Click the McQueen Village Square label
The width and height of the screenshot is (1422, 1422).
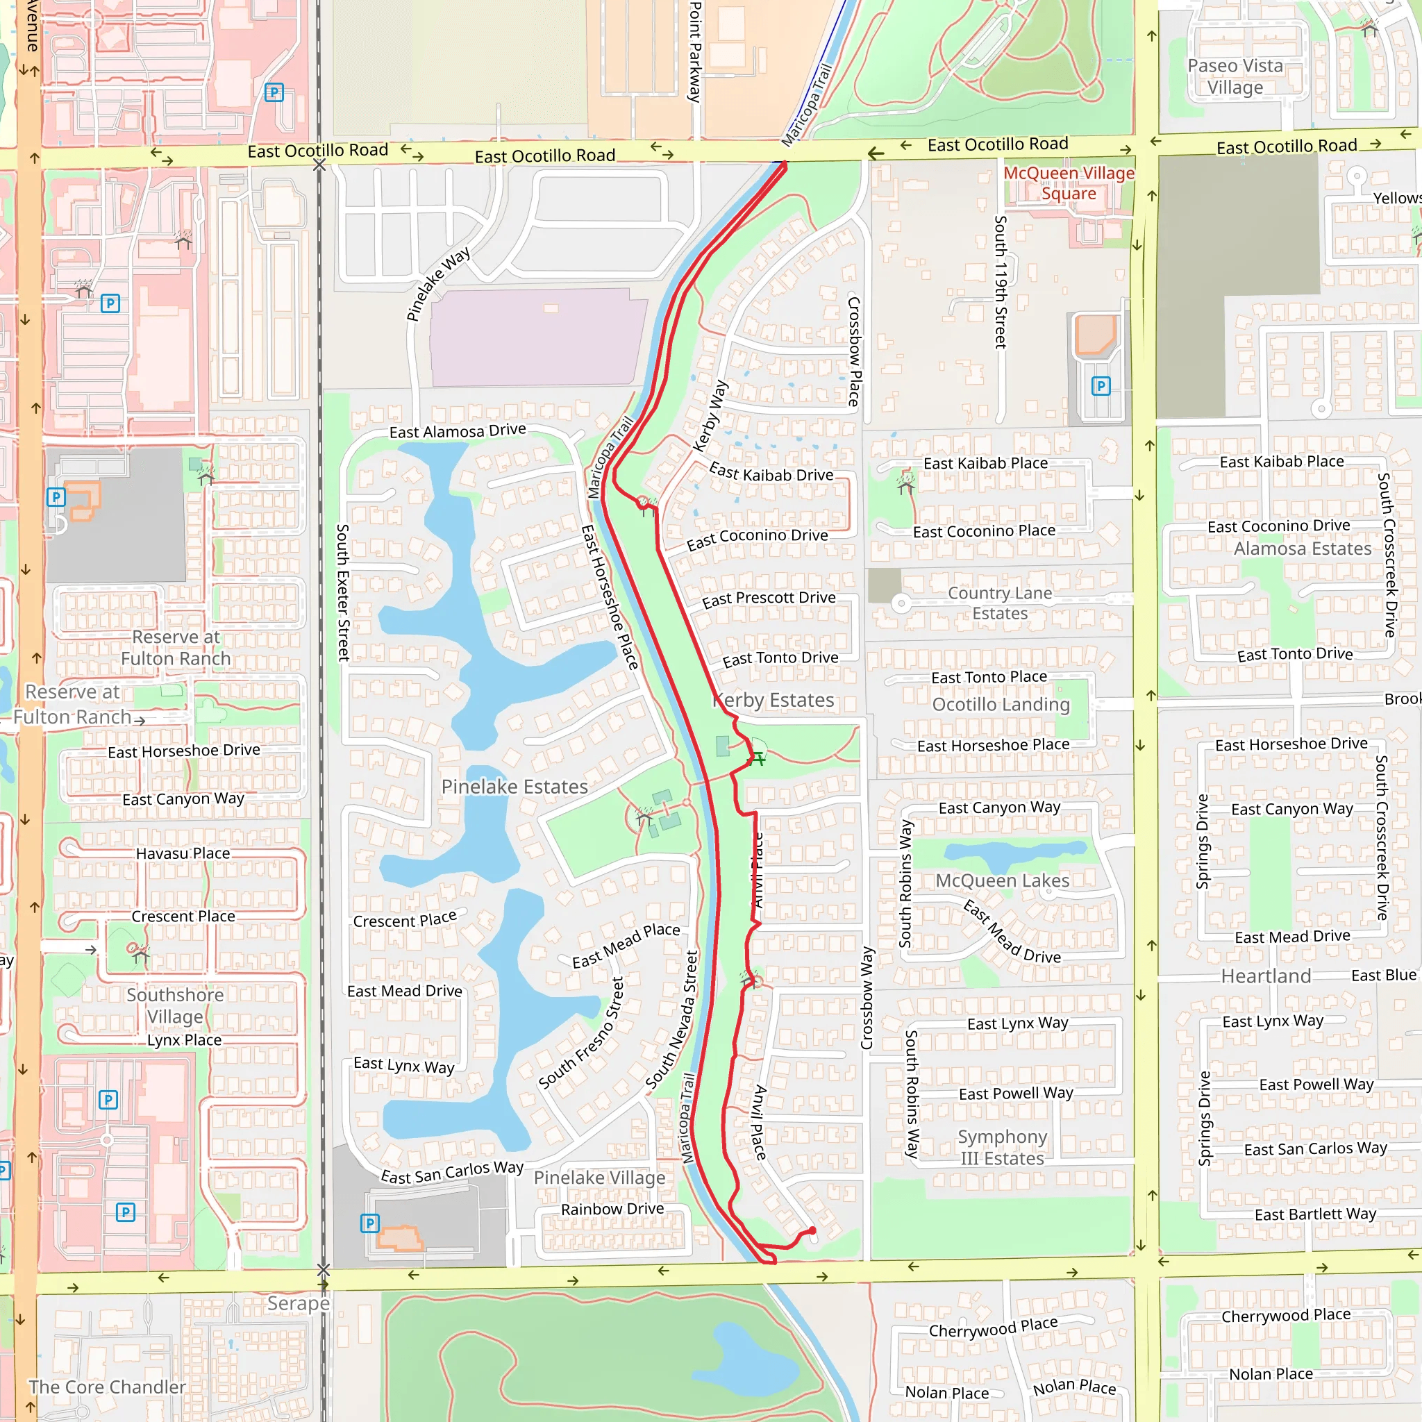coord(1068,183)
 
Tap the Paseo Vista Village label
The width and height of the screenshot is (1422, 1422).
coord(1235,76)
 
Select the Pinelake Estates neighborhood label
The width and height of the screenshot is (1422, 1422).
coord(515,787)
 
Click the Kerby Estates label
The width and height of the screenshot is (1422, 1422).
coord(774,700)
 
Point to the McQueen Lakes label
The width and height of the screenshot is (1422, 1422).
coord(1002,880)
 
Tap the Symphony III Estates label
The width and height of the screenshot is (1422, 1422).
coord(1002,1148)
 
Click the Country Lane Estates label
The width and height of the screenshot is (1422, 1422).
coord(1000,603)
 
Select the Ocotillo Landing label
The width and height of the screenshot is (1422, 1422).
coord(1001,704)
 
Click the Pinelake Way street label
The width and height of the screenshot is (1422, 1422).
coord(438,285)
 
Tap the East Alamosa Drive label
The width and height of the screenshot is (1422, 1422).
coord(457,431)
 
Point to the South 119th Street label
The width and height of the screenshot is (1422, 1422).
coord(1001,281)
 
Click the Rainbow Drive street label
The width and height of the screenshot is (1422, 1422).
coord(612,1210)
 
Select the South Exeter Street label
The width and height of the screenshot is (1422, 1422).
coord(342,592)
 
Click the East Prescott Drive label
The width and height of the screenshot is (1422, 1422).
coord(769,599)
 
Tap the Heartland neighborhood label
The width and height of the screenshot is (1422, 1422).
coord(1266,976)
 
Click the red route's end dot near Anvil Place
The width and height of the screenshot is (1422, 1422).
coord(812,1230)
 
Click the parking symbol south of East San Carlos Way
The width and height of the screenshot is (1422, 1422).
coord(369,1223)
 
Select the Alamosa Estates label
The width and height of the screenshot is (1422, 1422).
coord(1302,549)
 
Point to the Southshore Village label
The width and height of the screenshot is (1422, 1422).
coord(175,1005)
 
